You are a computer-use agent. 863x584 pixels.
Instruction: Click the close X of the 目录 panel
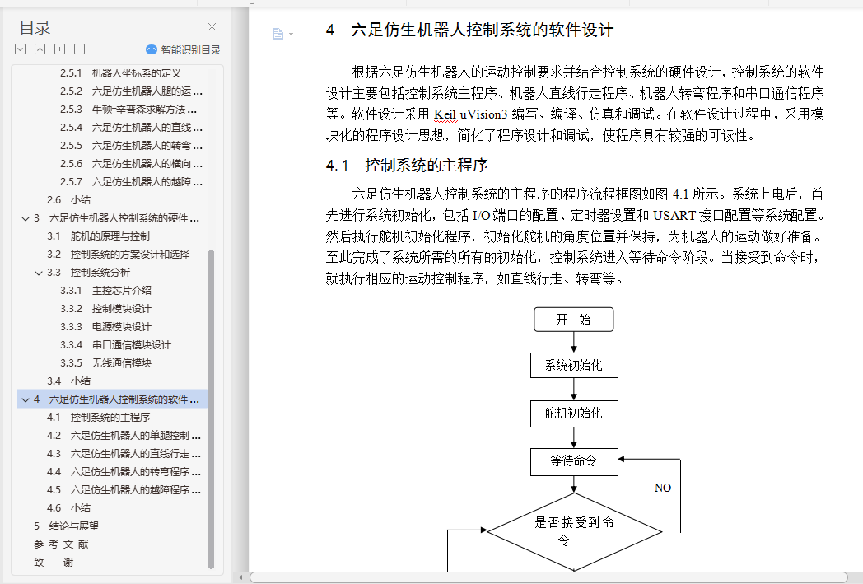[212, 27]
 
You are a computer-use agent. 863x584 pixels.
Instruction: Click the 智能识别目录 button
[184, 49]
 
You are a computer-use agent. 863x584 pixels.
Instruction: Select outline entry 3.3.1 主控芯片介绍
[105, 290]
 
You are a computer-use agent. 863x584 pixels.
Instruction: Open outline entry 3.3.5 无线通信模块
[105, 362]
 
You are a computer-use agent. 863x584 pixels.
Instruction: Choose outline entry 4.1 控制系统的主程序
[99, 418]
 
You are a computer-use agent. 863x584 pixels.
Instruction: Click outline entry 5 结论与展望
[66, 526]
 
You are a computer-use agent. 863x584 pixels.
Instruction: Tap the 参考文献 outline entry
[61, 544]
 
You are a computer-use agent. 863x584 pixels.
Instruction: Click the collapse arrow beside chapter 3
[26, 218]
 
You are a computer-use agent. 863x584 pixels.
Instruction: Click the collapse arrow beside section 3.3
[39, 273]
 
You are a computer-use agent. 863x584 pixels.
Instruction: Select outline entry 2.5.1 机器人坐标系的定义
[120, 72]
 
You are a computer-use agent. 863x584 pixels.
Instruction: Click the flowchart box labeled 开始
[573, 320]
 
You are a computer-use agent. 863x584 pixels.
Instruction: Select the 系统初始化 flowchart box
[574, 366]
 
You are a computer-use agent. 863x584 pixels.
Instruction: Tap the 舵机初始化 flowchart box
[574, 413]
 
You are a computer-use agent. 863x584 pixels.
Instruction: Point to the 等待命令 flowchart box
[574, 461]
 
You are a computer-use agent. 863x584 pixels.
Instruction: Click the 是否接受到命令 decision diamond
[574, 531]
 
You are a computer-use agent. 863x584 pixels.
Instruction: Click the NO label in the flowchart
[663, 488]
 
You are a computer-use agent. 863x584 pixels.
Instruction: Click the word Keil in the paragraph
[445, 114]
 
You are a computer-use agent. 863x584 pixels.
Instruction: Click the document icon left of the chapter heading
[278, 34]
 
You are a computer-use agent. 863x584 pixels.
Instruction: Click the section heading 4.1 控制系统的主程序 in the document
[407, 165]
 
